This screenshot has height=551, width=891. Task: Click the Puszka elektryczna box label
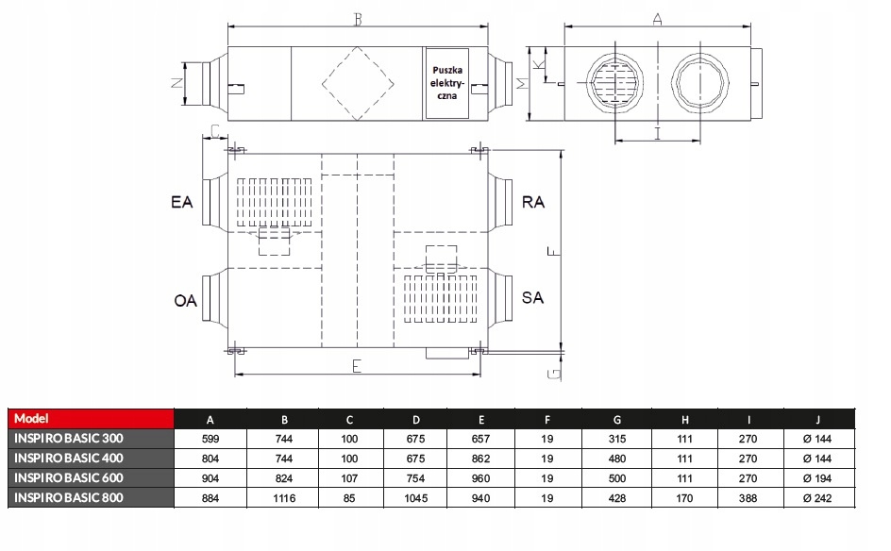click(x=447, y=83)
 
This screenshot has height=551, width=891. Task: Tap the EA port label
click(x=182, y=202)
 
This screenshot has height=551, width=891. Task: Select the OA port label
click(x=185, y=300)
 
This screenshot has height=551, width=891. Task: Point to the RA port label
click(x=533, y=202)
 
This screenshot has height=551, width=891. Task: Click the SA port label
click(x=532, y=297)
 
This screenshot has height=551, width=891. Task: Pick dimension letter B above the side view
click(x=358, y=20)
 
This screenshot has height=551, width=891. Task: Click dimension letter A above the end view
click(x=658, y=19)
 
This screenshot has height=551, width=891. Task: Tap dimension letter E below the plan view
click(x=357, y=366)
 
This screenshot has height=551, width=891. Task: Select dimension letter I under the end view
click(x=658, y=133)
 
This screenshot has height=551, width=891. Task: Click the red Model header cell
click(x=91, y=419)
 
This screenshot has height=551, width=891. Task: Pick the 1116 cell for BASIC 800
click(x=284, y=498)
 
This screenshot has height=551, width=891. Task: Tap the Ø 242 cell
click(x=817, y=498)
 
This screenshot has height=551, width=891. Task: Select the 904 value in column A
click(x=210, y=478)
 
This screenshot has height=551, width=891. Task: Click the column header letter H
click(x=684, y=420)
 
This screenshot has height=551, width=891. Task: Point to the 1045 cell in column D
click(x=416, y=498)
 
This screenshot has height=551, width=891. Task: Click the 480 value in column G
click(x=617, y=459)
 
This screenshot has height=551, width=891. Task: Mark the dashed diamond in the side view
click(x=358, y=84)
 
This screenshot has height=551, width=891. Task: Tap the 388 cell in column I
click(x=748, y=498)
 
